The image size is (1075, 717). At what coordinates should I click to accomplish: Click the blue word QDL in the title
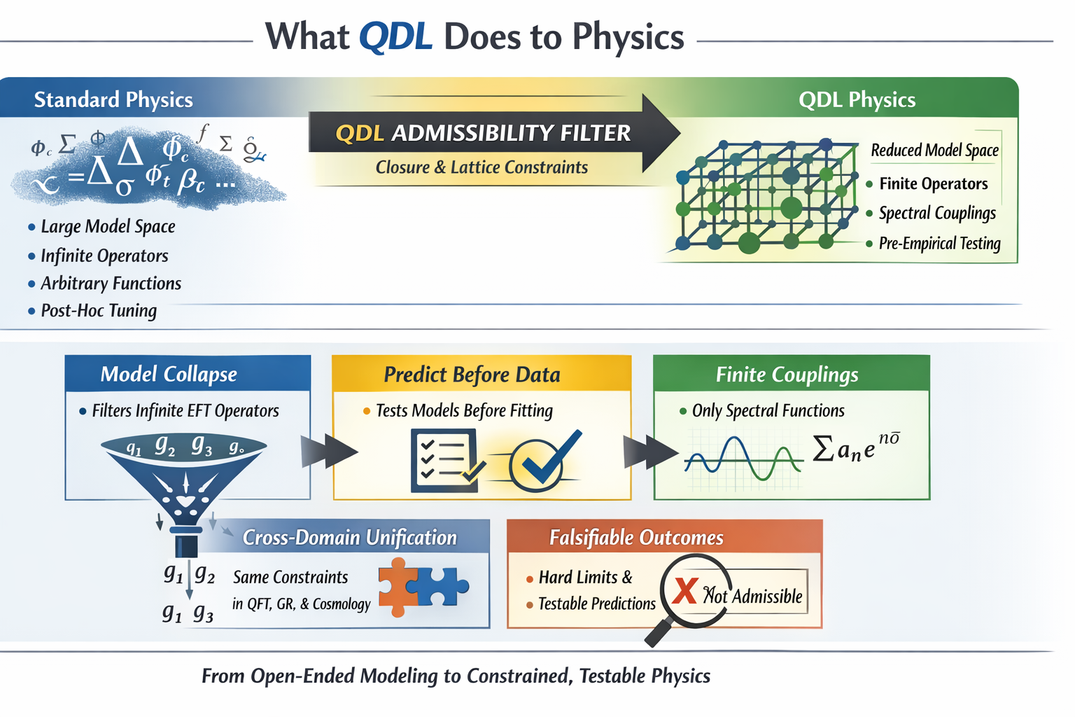(x=395, y=36)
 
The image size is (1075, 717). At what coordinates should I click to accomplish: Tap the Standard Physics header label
(x=113, y=99)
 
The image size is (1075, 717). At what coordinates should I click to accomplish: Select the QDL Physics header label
(x=857, y=99)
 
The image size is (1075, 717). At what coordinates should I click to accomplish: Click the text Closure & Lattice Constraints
(x=482, y=167)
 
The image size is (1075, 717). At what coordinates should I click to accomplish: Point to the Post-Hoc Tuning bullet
(x=98, y=310)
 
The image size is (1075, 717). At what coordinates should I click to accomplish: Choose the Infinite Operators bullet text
(x=104, y=256)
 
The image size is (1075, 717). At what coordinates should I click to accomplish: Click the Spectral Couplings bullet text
(x=936, y=213)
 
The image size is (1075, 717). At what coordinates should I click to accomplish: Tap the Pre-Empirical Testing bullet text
(x=939, y=243)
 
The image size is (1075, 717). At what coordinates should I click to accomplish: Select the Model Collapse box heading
(x=169, y=374)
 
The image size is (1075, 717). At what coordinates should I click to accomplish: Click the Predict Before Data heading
(x=472, y=375)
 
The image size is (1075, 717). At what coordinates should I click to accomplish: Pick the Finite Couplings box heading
(x=787, y=375)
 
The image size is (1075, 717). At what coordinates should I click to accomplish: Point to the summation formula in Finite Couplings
(x=855, y=447)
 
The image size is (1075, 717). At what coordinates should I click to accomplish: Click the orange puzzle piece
(x=395, y=587)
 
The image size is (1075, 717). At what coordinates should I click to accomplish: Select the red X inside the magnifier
(x=684, y=592)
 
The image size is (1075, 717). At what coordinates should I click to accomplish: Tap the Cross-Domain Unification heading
(x=349, y=537)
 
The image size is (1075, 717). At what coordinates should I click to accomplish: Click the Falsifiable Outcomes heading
(x=636, y=537)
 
